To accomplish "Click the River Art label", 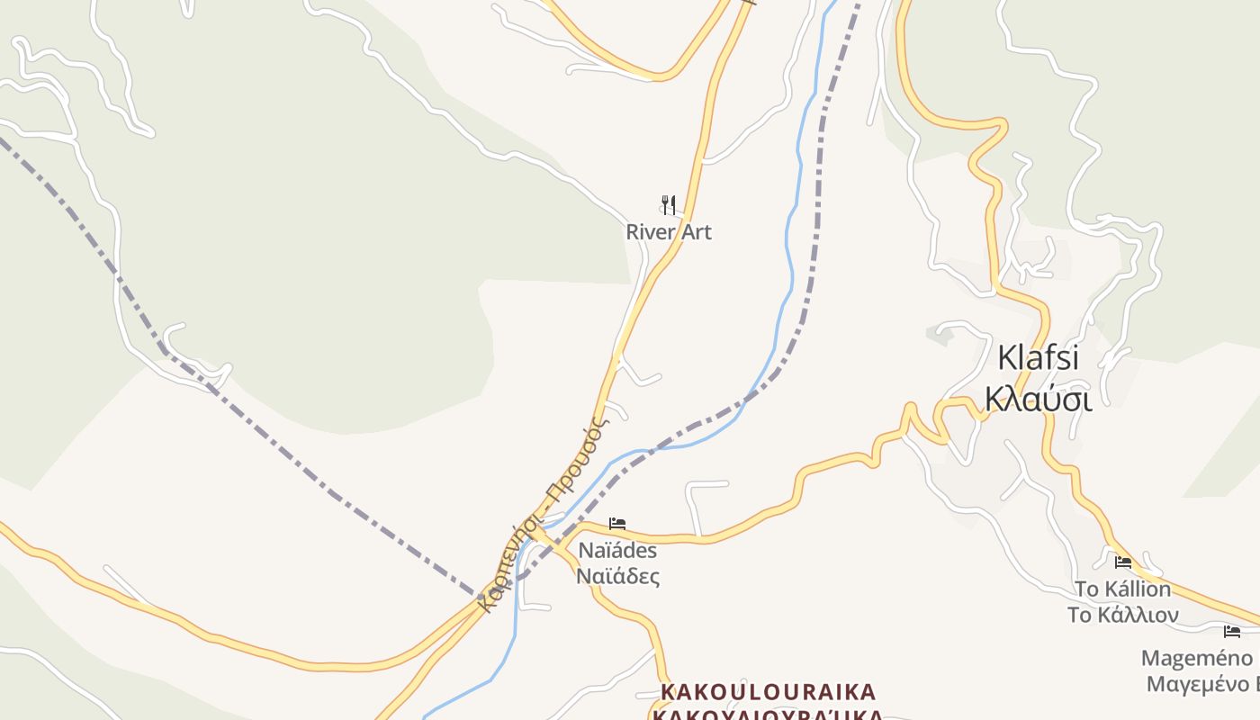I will click(669, 232).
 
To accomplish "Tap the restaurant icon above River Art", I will click(668, 205).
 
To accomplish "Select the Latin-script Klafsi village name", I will click(1038, 357).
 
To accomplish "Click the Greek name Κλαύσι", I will click(1039, 398).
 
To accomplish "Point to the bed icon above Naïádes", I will click(616, 523).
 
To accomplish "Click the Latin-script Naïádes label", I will click(617, 550).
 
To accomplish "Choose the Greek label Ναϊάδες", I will click(617, 576).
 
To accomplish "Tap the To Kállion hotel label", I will click(1123, 589).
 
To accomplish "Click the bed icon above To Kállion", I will click(1123, 562).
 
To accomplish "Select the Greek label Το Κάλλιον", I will click(1123, 616).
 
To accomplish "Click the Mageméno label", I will click(1197, 658).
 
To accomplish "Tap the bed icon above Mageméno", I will click(1232, 632).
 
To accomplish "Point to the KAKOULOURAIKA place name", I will click(768, 692).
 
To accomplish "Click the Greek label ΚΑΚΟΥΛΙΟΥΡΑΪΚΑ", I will click(768, 715).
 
